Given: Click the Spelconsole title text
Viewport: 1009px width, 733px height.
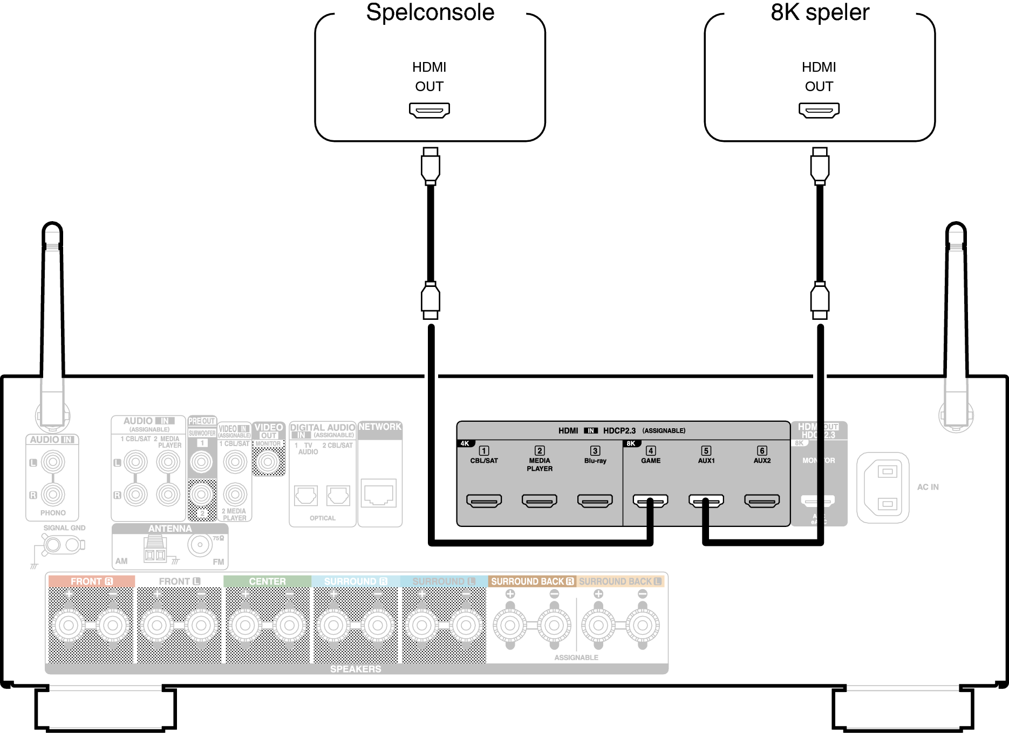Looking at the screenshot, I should tap(430, 12).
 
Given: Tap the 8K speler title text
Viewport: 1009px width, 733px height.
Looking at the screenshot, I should tap(820, 12).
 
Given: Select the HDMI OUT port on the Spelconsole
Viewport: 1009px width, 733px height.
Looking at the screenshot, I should tap(429, 111).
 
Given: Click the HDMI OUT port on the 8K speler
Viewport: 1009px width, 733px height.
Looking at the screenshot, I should tap(819, 111).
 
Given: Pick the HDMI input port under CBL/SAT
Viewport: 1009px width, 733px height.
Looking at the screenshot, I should tap(484, 501).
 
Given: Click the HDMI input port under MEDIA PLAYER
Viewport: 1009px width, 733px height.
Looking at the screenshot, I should tap(540, 501).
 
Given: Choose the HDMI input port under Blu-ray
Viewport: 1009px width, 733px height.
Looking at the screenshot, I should tap(595, 501).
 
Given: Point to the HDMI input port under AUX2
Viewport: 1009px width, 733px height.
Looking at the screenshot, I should tap(762, 501).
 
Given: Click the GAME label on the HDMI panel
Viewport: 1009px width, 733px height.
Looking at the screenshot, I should tap(651, 461).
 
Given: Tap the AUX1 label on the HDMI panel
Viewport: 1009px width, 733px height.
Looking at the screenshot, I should tap(706, 461).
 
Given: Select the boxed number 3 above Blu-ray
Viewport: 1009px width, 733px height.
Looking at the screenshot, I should tap(595, 451).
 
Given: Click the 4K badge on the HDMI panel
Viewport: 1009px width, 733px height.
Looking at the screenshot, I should tap(465, 443).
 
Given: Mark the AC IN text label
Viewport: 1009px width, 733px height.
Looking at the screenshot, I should tap(928, 487).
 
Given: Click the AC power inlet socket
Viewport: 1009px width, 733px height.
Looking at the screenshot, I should tap(883, 488).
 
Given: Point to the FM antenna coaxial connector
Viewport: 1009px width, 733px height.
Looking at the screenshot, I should tap(200, 545).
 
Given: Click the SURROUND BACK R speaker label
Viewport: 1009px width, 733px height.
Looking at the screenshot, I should tap(532, 581).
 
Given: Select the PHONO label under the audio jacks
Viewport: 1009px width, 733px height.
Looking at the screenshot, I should tap(53, 513).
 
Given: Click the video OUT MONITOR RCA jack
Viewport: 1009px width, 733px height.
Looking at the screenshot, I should tap(268, 462).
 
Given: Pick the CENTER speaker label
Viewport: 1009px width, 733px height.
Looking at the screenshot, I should tap(267, 581).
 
